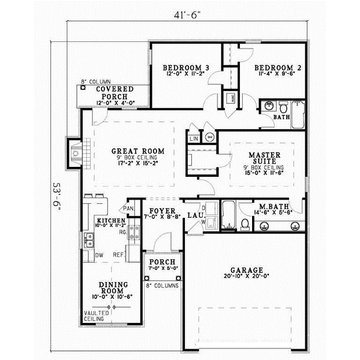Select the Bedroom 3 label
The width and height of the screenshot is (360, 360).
(x=186, y=68)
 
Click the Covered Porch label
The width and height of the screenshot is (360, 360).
(x=110, y=93)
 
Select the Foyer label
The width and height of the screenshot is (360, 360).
(x=163, y=212)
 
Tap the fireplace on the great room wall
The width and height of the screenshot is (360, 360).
(x=74, y=154)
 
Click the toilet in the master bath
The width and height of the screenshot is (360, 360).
(x=244, y=224)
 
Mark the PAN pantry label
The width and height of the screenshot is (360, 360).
(x=128, y=208)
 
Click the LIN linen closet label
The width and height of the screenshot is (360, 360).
(x=194, y=139)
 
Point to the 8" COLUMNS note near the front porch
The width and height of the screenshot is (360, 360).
(x=162, y=286)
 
